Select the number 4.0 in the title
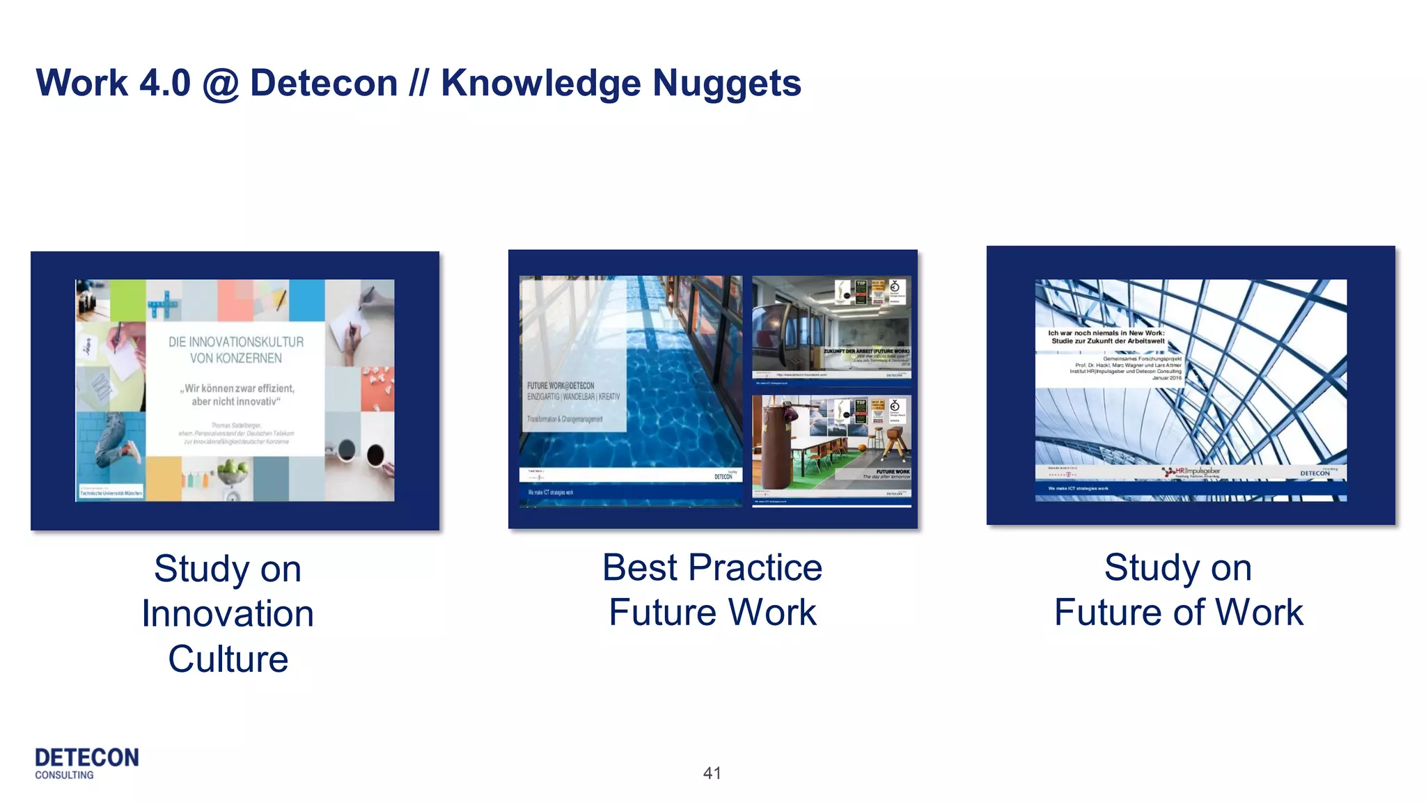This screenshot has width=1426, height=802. point(164,83)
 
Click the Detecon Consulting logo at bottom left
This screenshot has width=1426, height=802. point(86,763)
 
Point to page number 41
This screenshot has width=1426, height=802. point(712,773)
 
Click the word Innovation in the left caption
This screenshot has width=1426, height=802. point(228,614)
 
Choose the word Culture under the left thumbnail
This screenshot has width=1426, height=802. point(228,659)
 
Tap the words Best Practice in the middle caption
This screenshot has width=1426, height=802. point(712,567)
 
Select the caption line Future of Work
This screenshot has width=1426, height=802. point(1178,613)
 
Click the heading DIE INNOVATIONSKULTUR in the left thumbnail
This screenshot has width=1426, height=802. point(236,342)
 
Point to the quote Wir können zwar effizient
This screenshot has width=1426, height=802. point(237,388)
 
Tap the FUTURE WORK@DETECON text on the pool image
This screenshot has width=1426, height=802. point(561,386)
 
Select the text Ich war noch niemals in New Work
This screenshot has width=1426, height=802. point(1106,333)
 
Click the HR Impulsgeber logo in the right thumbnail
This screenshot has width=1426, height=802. point(1191,471)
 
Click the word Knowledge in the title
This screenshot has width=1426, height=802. point(540,84)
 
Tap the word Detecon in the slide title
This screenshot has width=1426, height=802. point(324,84)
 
